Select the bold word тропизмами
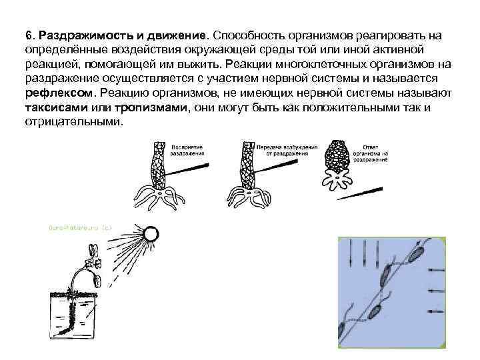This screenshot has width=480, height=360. coord(151,109)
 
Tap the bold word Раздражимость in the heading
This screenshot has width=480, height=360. coord(79,34)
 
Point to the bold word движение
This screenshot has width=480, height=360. coord(184,34)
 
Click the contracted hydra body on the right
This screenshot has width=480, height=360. coord(337,159)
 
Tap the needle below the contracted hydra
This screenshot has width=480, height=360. coord(361,193)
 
